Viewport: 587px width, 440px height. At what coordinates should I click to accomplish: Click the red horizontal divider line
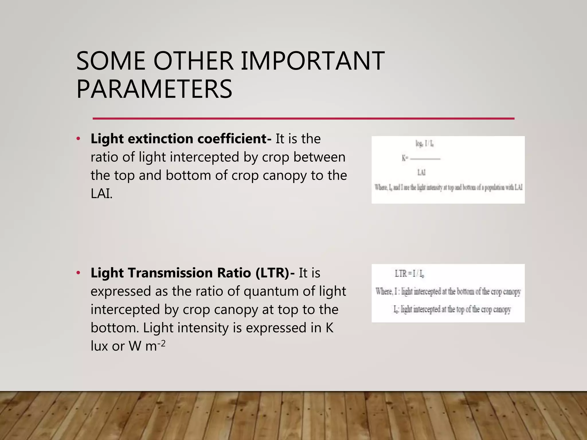(x=303, y=118)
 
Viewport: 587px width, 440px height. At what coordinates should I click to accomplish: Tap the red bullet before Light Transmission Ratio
(x=78, y=273)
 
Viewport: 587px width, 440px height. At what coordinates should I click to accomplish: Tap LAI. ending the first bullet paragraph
(x=101, y=194)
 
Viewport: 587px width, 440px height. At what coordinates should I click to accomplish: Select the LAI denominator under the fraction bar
(x=421, y=172)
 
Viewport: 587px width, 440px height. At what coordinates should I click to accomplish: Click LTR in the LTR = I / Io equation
(x=401, y=274)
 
